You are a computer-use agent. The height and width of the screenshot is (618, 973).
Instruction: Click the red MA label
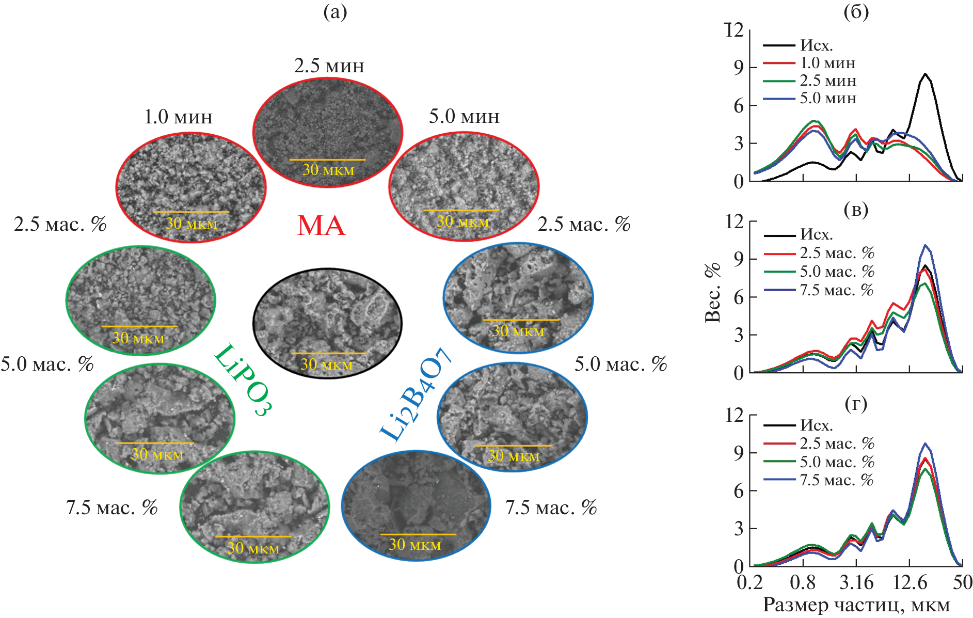point(321,226)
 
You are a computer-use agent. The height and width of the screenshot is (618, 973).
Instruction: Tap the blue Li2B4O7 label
point(416,395)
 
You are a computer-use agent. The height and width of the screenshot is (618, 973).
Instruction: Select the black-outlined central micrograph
point(327,323)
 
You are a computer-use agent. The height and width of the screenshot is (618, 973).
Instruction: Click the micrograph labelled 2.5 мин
point(327,132)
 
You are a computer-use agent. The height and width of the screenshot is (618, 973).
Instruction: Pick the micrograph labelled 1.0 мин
point(191,187)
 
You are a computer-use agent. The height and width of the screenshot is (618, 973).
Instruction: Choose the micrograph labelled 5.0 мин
point(464,186)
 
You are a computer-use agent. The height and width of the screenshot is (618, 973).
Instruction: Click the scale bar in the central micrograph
point(329,354)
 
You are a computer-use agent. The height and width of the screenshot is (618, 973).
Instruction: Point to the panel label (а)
point(335,11)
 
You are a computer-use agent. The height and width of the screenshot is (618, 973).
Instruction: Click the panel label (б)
point(856,11)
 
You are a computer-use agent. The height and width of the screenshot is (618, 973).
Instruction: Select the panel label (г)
point(856,404)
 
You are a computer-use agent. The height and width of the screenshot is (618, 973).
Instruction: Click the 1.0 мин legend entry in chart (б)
point(827,63)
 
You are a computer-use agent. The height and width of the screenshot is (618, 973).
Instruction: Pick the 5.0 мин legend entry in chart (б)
point(828,98)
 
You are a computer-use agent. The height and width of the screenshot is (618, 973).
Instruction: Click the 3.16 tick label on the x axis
point(856,582)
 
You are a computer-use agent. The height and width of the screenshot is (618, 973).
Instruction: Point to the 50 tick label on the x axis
point(962,582)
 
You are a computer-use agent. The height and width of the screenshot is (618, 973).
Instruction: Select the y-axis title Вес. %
point(713,293)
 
